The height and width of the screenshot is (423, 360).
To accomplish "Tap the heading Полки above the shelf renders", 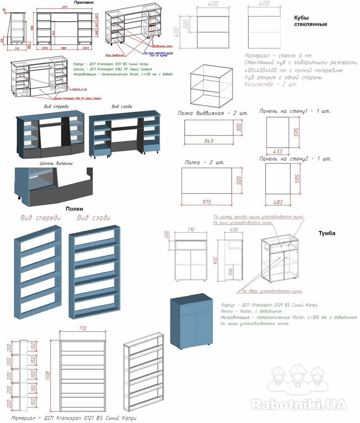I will coord(74,209).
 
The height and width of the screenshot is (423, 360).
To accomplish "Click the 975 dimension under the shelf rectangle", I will coord(207,202).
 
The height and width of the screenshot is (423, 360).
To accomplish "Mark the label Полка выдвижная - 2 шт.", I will coord(213,113).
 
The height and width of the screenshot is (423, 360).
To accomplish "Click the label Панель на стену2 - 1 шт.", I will coord(295,159).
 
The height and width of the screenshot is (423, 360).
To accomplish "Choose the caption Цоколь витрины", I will coord(56,163).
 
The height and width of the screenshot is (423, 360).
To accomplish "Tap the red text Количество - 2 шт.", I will coord(271,84).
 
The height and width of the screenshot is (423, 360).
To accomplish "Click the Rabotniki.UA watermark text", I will coord(298,404).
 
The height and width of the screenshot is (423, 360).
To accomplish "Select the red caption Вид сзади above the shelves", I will coord(94,218).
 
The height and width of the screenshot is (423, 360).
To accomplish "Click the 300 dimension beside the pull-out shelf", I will coord(238,127).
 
